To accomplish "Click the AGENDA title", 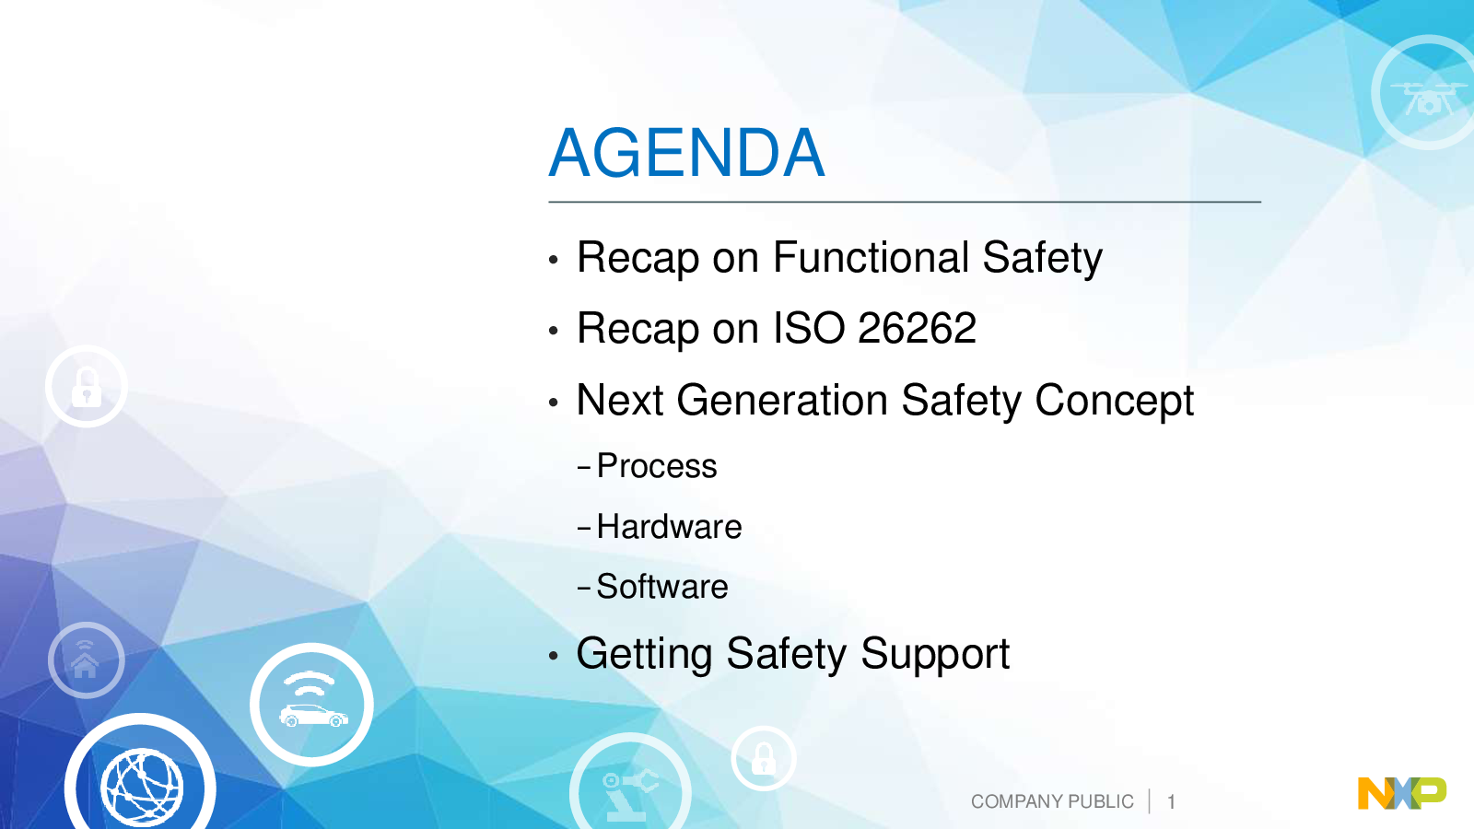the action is click(x=686, y=153).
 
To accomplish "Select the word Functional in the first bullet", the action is click(x=872, y=257).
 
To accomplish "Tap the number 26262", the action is click(x=917, y=328).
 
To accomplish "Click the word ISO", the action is click(x=809, y=328).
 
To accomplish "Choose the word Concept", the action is click(x=1114, y=402).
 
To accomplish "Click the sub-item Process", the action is click(x=657, y=466).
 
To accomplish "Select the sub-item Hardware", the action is click(x=669, y=526).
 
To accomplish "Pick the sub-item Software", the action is click(x=662, y=586).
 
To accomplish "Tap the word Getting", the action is click(x=644, y=655).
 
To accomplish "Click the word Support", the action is click(x=935, y=655).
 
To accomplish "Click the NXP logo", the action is click(x=1402, y=793).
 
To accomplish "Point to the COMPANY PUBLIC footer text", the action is click(x=1052, y=801).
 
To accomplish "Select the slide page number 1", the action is click(x=1171, y=802).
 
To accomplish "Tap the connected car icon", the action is click(x=312, y=705).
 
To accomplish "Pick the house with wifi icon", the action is click(x=87, y=660).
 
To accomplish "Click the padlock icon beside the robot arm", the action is click(x=764, y=759).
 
